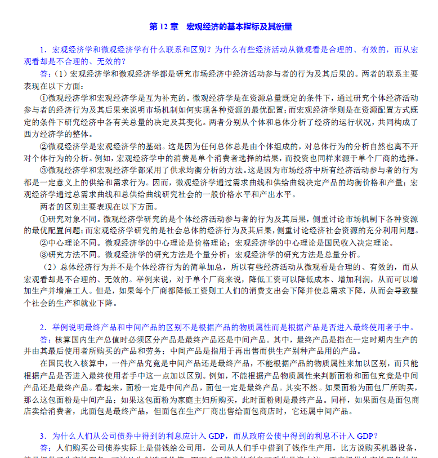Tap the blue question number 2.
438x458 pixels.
(x=43, y=327)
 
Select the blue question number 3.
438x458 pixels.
(x=43, y=435)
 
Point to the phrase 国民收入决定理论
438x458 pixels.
(x=357, y=243)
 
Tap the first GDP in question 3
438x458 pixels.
(x=216, y=435)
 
